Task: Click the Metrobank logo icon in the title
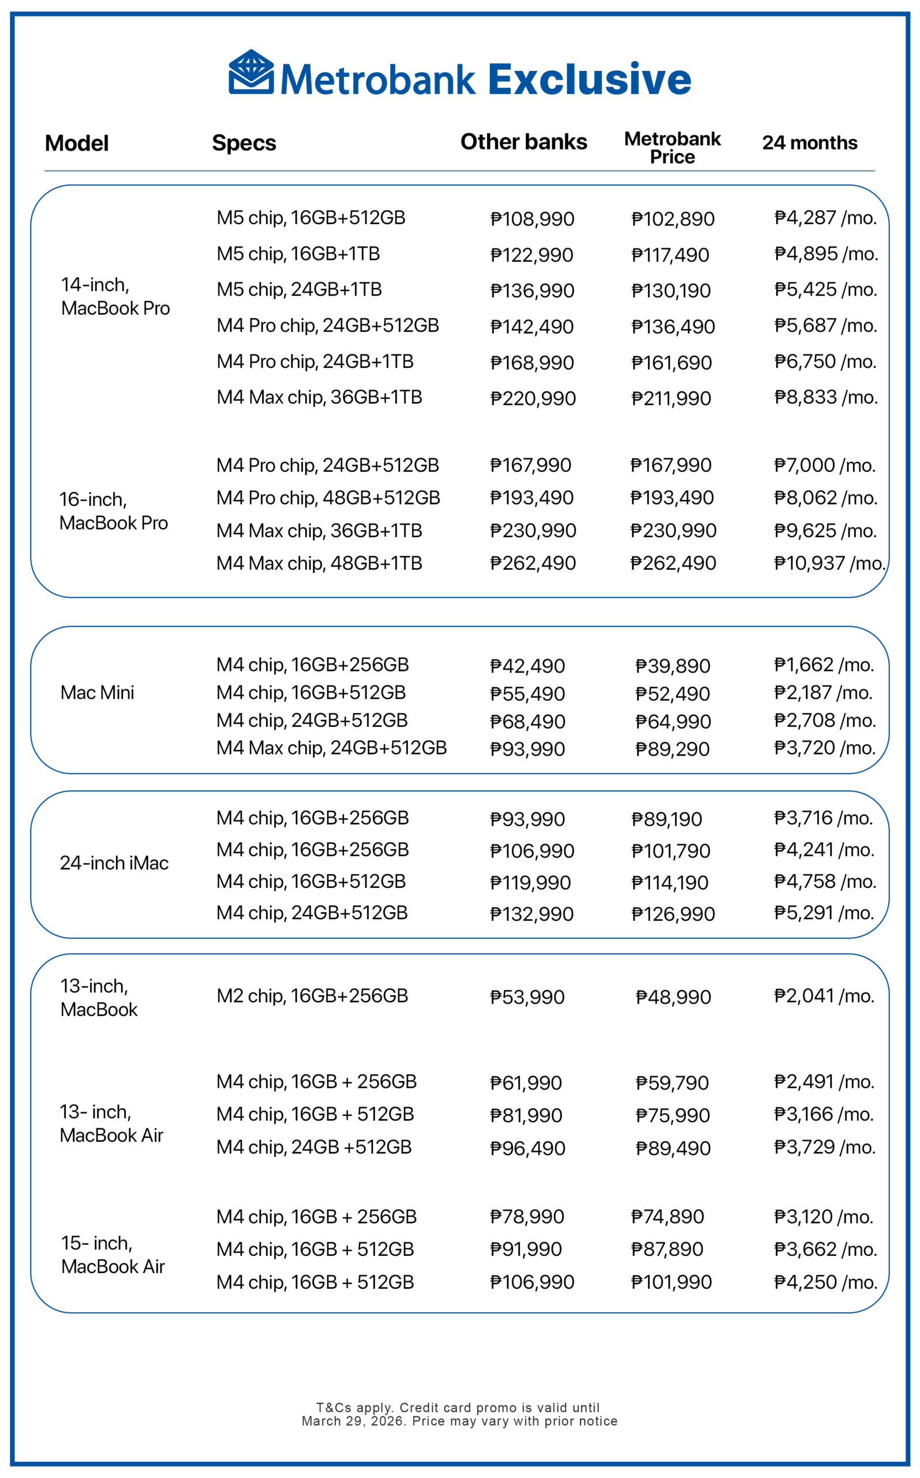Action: click(251, 72)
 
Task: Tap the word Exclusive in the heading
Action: click(590, 80)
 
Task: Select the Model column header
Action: click(77, 144)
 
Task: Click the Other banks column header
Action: click(523, 142)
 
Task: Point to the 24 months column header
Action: click(809, 143)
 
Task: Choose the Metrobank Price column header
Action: click(672, 148)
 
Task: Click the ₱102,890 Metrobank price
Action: click(672, 219)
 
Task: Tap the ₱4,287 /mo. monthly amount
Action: click(825, 218)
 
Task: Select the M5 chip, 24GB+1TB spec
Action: click(299, 290)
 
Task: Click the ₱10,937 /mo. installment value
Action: click(829, 563)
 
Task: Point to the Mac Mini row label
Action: click(98, 692)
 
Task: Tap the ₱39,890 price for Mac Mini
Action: click(672, 666)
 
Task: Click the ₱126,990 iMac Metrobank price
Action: click(672, 914)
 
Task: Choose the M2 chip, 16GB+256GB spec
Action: click(312, 996)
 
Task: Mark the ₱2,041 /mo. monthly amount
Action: click(824, 996)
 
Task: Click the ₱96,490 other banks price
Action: click(528, 1149)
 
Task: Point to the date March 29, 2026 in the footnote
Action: click(354, 1421)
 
